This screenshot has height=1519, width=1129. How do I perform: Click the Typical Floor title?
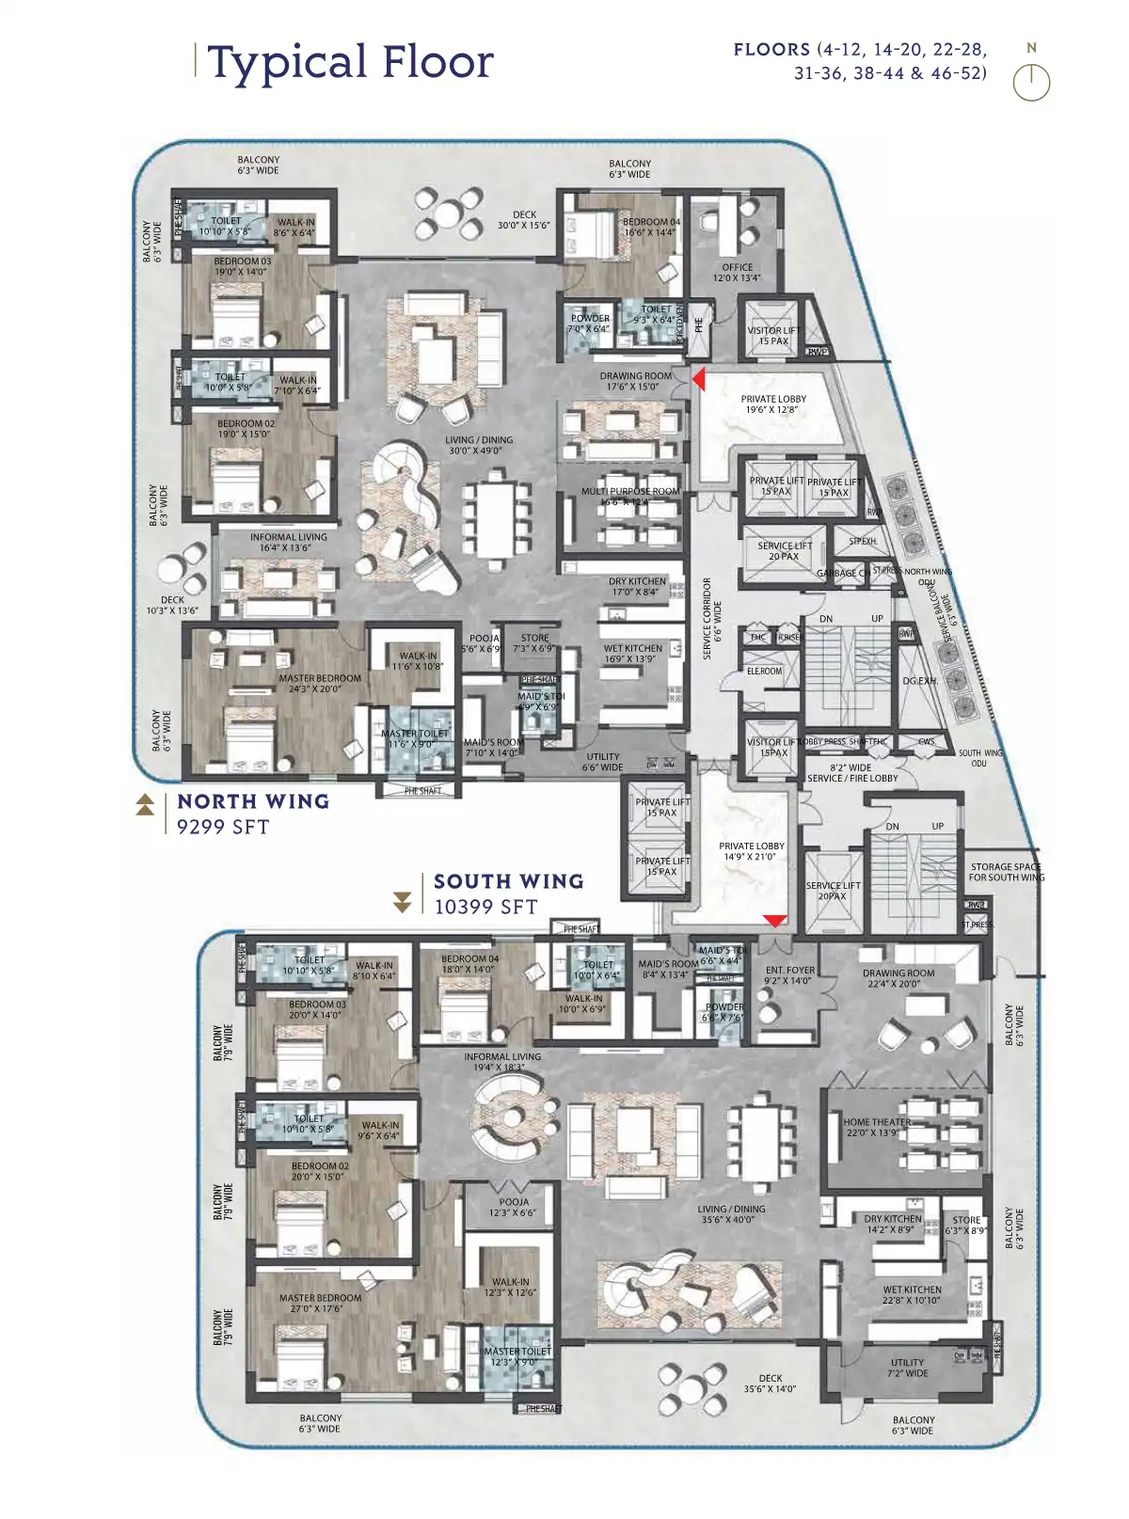pyautogui.click(x=350, y=63)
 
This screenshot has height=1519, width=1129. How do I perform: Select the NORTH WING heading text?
pyautogui.click(x=253, y=801)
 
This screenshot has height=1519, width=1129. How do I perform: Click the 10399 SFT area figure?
pyautogui.click(x=485, y=907)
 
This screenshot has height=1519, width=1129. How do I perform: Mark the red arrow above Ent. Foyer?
pyautogui.click(x=774, y=921)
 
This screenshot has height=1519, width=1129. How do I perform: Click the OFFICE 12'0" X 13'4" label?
pyautogui.click(x=737, y=273)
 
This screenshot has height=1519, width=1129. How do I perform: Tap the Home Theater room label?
pyautogui.click(x=877, y=1127)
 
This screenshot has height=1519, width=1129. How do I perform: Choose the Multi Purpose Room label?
pyautogui.click(x=629, y=496)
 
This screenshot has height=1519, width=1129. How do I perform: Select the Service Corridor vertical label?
pyautogui.click(x=712, y=618)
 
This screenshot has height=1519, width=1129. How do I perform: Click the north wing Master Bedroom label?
pyautogui.click(x=319, y=683)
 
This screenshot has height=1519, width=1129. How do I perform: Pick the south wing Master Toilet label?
pyautogui.click(x=517, y=1356)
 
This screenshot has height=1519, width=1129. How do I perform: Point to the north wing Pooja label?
pyautogui.click(x=484, y=643)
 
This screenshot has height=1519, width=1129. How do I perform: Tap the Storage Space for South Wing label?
pyautogui.click(x=1006, y=872)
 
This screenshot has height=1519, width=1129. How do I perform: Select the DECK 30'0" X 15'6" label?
pyautogui.click(x=524, y=220)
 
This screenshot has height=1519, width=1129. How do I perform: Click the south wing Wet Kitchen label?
pyautogui.click(x=912, y=1295)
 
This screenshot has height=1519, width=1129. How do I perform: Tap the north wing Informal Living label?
pyautogui.click(x=288, y=542)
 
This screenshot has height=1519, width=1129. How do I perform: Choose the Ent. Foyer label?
pyautogui.click(x=789, y=975)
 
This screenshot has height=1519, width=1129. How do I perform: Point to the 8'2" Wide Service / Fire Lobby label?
pyautogui.click(x=852, y=773)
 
